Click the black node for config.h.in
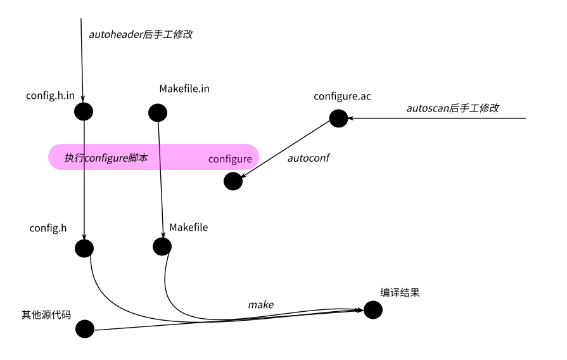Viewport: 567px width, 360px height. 84,112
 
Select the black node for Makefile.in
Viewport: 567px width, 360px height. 157,113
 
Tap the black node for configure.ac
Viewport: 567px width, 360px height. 338,118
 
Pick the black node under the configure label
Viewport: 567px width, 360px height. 233,181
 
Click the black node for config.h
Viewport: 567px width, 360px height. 84,248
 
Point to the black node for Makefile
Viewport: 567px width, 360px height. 162,246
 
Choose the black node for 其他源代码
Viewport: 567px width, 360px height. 84,329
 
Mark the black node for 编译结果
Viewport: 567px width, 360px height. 373,309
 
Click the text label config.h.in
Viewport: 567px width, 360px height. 51,95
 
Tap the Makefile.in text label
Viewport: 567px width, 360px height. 184,89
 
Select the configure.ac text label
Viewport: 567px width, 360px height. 342,96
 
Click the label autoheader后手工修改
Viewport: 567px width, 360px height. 140,34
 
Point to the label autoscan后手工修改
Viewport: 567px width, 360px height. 452,108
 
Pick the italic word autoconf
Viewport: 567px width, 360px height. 309,158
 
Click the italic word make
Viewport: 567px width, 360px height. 260,305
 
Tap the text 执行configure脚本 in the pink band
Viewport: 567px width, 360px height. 106,158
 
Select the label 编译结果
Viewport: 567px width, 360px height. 400,293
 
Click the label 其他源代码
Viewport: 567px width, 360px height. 46,314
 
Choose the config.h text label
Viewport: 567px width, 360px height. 48,228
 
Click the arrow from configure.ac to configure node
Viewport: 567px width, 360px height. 285,150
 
